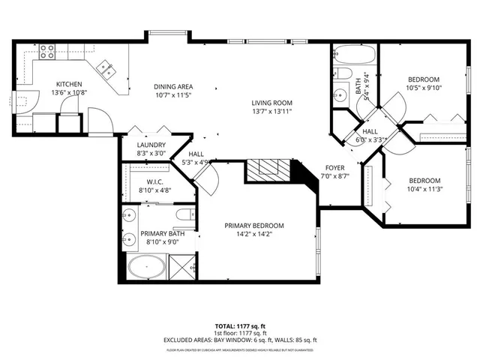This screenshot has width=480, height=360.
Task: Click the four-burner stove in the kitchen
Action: coord(47,52)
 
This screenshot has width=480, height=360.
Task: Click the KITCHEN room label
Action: coord(70,84)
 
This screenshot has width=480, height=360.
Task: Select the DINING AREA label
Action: coord(174,86)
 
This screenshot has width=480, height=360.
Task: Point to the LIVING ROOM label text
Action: coord(271,103)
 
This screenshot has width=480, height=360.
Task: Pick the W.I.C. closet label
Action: coord(154,181)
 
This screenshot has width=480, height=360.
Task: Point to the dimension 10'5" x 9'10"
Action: coord(424,88)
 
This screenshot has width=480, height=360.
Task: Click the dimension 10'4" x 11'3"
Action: coord(424,189)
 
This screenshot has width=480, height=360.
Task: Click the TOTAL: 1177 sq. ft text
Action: coord(240,326)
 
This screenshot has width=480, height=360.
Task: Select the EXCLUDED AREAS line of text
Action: coord(240,340)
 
